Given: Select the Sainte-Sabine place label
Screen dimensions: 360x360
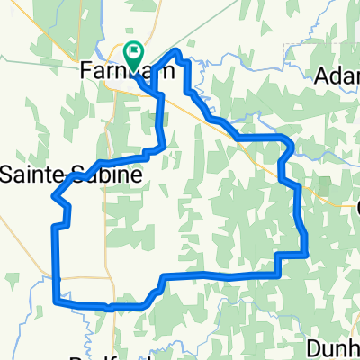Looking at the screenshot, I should click(70, 175).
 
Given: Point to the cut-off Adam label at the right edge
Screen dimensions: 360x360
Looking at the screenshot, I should click(338, 77).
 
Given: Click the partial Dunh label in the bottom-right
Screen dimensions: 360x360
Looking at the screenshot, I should click(333, 346).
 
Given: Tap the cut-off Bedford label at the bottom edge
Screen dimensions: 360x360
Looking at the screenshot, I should click(90, 355).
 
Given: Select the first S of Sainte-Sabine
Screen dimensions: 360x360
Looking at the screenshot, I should click(7, 175).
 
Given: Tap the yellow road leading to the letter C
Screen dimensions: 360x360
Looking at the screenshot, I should click(333, 202).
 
